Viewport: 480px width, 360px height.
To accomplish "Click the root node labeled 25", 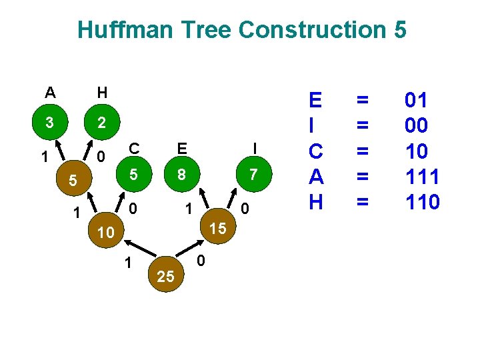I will click(x=165, y=277).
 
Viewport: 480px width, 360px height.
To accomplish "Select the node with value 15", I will click(x=217, y=228).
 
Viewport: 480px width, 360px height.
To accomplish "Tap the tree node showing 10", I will click(x=105, y=233).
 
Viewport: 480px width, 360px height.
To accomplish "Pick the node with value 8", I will click(x=181, y=175).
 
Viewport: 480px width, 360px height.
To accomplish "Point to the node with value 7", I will click(x=253, y=175).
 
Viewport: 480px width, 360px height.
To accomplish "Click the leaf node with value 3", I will click(x=49, y=123).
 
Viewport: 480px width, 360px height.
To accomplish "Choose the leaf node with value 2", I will click(x=101, y=123).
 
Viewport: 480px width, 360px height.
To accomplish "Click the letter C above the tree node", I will click(x=134, y=148).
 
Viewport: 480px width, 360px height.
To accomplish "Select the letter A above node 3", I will click(x=50, y=92).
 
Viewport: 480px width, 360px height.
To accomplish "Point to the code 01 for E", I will click(x=416, y=101).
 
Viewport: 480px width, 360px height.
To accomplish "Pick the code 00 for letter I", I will click(x=416, y=126).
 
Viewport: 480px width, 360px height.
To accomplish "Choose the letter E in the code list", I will click(x=315, y=101).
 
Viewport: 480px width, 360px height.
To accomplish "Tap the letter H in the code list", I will click(x=315, y=202).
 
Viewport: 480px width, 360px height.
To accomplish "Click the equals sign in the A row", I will click(x=363, y=177).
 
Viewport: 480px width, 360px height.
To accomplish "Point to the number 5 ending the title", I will click(x=399, y=30).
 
